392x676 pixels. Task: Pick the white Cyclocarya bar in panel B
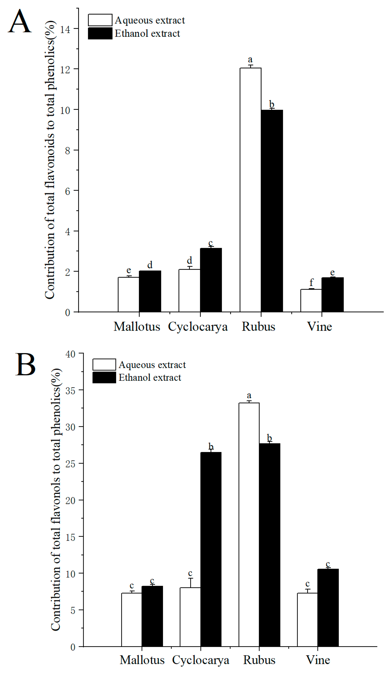click(x=190, y=617)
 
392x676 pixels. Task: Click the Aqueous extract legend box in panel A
click(x=100, y=20)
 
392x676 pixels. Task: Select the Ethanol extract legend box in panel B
click(x=104, y=377)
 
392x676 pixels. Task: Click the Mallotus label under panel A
click(x=137, y=326)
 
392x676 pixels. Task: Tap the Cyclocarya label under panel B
click(x=200, y=660)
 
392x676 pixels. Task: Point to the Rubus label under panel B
click(x=259, y=660)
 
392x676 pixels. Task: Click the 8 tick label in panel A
click(x=68, y=151)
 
